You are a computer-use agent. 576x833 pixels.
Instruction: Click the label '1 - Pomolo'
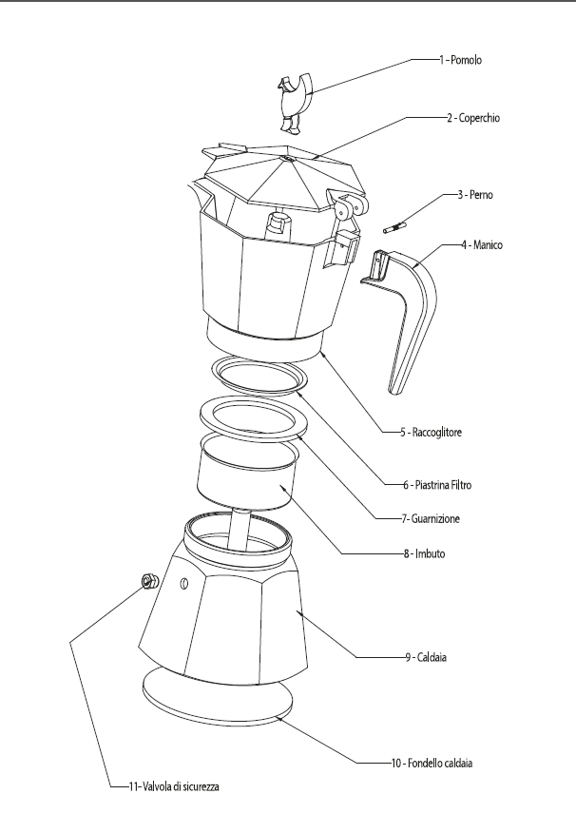461,59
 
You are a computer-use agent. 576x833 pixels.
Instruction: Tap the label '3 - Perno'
473,195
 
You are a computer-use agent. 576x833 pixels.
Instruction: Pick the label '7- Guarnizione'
434,518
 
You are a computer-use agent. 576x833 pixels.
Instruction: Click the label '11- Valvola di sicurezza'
162,787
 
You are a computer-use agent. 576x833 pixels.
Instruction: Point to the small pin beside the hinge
394,228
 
